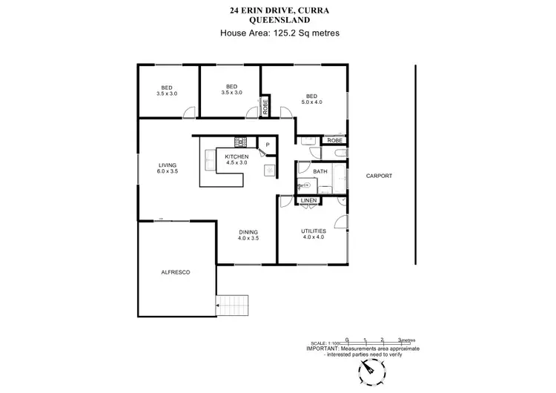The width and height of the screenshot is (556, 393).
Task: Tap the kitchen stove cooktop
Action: (x=241, y=140)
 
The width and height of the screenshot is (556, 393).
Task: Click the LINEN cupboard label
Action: (x=309, y=200)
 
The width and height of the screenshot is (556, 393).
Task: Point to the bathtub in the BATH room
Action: (x=339, y=179)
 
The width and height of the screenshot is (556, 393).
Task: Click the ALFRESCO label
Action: (x=176, y=273)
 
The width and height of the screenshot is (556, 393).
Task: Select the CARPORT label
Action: (x=379, y=176)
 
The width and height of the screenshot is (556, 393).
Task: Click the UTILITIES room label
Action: (x=313, y=231)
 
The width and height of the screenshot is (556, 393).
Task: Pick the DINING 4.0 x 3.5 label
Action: (x=249, y=234)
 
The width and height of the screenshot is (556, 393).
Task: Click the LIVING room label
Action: (x=167, y=168)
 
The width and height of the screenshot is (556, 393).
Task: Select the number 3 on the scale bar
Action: (x=399, y=338)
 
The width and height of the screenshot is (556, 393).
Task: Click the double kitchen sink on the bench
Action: (x=270, y=169)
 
